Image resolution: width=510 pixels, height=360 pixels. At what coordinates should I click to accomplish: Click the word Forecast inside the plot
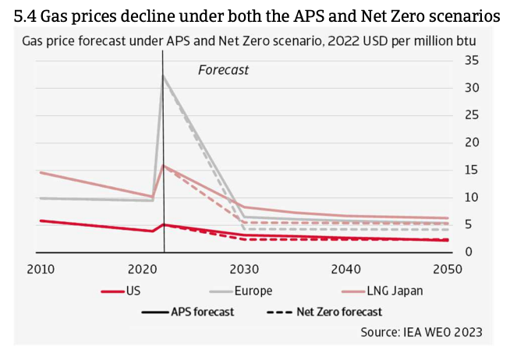point(223,70)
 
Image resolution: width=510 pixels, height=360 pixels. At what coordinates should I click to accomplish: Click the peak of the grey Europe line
point(163,76)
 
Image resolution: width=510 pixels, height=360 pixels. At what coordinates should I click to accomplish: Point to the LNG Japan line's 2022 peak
point(164,165)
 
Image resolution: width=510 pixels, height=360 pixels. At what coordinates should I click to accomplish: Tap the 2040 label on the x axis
point(346,269)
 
